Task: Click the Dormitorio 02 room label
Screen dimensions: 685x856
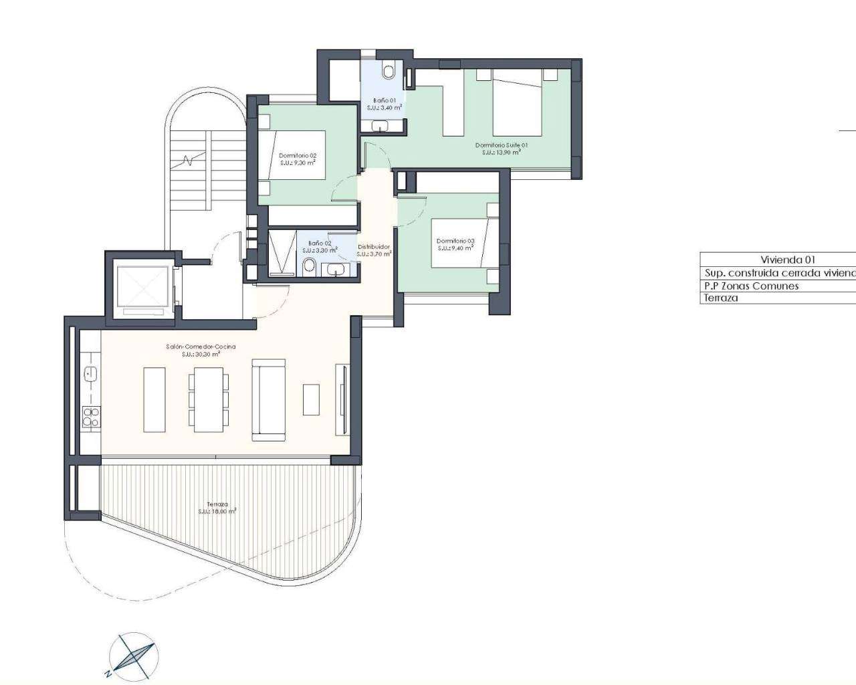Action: (298, 159)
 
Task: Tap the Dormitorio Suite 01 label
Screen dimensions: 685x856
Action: (502, 149)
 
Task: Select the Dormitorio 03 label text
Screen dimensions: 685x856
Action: (455, 244)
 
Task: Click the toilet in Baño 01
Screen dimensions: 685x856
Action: (389, 70)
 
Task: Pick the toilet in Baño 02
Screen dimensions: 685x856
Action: (309, 266)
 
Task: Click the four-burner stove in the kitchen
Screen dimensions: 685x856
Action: (91, 417)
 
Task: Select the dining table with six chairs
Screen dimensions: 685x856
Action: (209, 399)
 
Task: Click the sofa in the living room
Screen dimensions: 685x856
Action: (268, 400)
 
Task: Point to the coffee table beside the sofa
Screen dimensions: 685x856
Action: (311, 399)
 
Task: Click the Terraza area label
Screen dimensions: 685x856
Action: (217, 508)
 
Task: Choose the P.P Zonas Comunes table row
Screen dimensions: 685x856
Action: (751, 286)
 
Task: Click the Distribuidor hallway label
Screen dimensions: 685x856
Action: (373, 250)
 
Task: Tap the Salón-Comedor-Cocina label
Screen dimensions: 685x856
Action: (201, 351)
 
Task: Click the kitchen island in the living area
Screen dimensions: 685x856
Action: (154, 399)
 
